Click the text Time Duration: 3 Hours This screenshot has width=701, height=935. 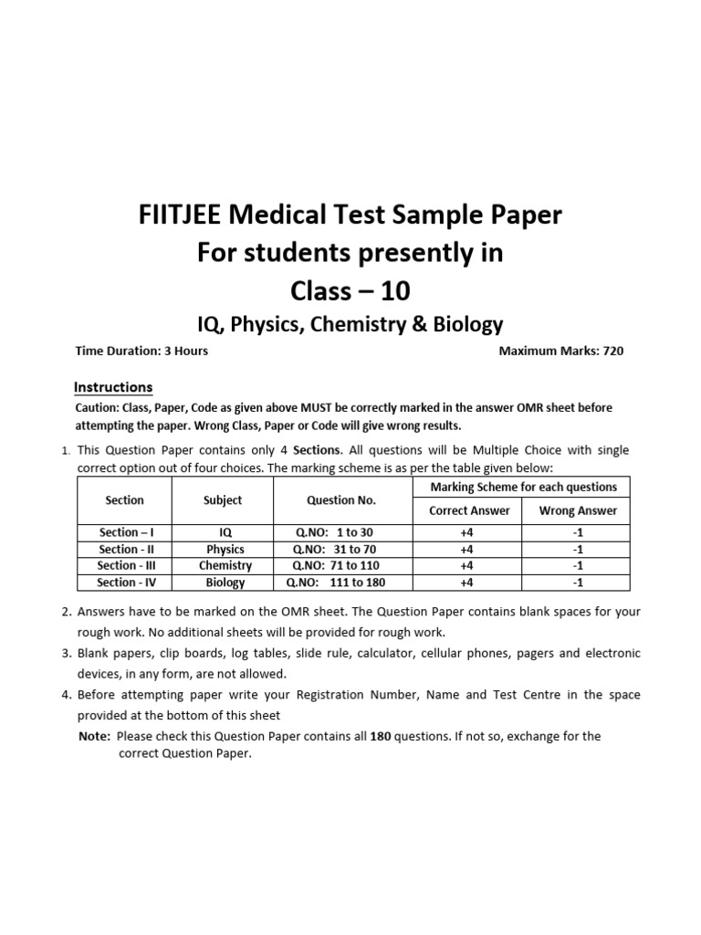point(141,351)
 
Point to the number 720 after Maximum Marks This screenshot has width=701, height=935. point(612,351)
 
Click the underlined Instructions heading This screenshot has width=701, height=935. point(112,387)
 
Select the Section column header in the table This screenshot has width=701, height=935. point(124,499)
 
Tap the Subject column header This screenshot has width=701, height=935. point(223,499)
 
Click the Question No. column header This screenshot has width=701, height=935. point(341,499)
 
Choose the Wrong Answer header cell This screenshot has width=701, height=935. point(577,510)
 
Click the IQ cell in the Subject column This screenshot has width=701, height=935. point(225,532)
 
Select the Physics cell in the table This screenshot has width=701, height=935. point(225,549)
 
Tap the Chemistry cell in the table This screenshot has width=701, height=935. point(225,565)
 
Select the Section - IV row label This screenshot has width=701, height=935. point(124,582)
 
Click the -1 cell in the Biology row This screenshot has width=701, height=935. point(577,582)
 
